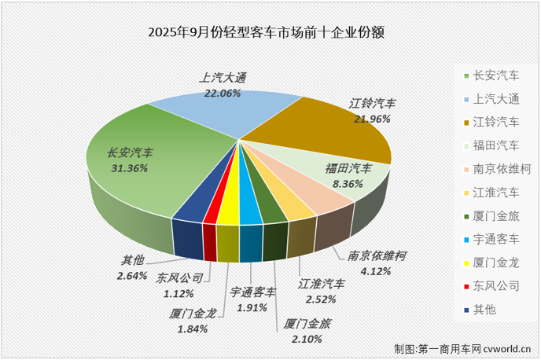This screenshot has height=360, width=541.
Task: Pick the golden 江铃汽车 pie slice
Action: pyautogui.click(x=330, y=134)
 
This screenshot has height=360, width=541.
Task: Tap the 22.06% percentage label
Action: pyautogui.click(x=223, y=93)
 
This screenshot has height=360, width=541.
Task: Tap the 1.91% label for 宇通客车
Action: pyautogui.click(x=252, y=307)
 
